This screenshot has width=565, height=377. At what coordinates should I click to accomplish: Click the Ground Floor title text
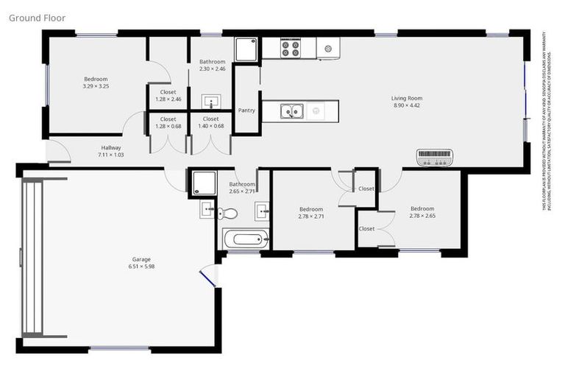tap(37, 17)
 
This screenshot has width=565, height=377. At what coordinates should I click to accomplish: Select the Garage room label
tap(141, 259)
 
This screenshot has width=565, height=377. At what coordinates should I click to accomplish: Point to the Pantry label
tap(246, 110)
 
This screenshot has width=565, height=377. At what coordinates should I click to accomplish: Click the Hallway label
tap(111, 148)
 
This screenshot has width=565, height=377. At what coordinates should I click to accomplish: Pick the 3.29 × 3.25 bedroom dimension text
tap(96, 86)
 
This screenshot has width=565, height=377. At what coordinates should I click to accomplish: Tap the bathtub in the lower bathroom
tap(245, 239)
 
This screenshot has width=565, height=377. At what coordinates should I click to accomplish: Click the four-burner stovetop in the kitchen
tap(291, 49)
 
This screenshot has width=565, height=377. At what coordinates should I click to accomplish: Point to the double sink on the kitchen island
tap(292, 112)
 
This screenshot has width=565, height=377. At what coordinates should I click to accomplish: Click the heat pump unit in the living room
tap(436, 157)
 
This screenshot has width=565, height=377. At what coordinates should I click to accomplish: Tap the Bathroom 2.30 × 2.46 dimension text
tap(212, 69)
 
